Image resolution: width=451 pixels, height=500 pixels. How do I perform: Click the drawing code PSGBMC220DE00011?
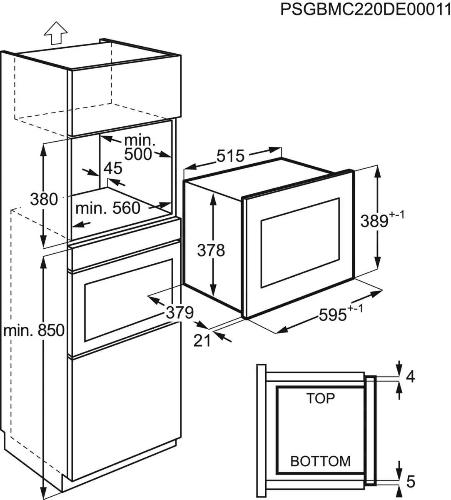(365, 9)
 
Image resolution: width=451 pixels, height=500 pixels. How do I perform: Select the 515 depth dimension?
(230, 156)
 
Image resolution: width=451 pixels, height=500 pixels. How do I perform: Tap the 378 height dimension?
(211, 250)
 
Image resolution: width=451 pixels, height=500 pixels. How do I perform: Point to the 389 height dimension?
(374, 221)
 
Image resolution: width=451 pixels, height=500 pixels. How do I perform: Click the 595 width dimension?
(333, 314)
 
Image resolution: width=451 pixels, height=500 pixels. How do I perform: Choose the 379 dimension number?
(180, 312)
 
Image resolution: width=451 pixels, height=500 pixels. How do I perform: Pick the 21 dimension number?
(202, 340)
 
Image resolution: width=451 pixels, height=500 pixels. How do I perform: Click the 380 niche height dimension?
(44, 199)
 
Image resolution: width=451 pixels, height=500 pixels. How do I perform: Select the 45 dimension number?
(112, 169)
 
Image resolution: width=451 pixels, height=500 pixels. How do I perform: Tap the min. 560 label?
(108, 208)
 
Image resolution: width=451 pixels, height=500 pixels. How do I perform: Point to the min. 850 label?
(34, 331)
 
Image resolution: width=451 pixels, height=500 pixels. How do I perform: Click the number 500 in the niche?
(138, 154)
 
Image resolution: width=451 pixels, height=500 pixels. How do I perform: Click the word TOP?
(321, 399)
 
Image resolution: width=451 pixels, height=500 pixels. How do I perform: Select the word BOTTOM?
(320, 461)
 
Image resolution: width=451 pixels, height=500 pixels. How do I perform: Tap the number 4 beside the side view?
(411, 377)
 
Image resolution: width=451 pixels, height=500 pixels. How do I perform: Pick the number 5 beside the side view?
(411, 482)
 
